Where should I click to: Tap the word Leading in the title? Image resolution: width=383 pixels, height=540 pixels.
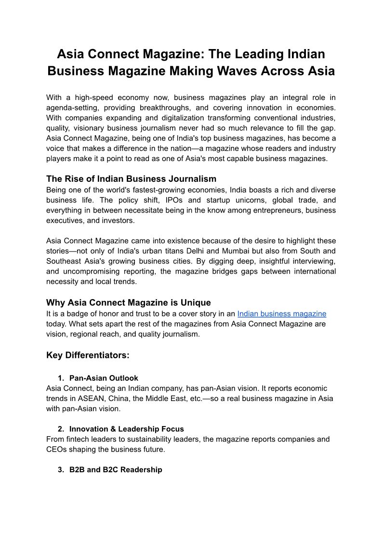coord(253,53)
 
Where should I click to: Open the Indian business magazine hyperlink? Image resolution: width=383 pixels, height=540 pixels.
coord(282,314)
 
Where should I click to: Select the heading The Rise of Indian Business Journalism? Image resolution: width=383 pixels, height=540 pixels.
coord(131,179)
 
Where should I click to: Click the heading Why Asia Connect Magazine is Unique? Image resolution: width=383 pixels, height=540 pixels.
coord(128,303)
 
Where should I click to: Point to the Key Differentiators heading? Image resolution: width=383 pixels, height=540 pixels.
coord(88,355)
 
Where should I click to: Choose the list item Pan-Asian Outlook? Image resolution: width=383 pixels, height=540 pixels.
coord(104,378)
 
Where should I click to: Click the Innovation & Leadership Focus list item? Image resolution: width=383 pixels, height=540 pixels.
coord(126,429)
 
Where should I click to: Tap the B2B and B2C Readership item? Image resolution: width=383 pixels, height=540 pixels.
coord(116,469)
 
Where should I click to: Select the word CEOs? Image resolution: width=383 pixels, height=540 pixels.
coord(57,450)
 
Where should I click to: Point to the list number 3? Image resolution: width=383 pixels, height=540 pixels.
coord(61,470)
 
